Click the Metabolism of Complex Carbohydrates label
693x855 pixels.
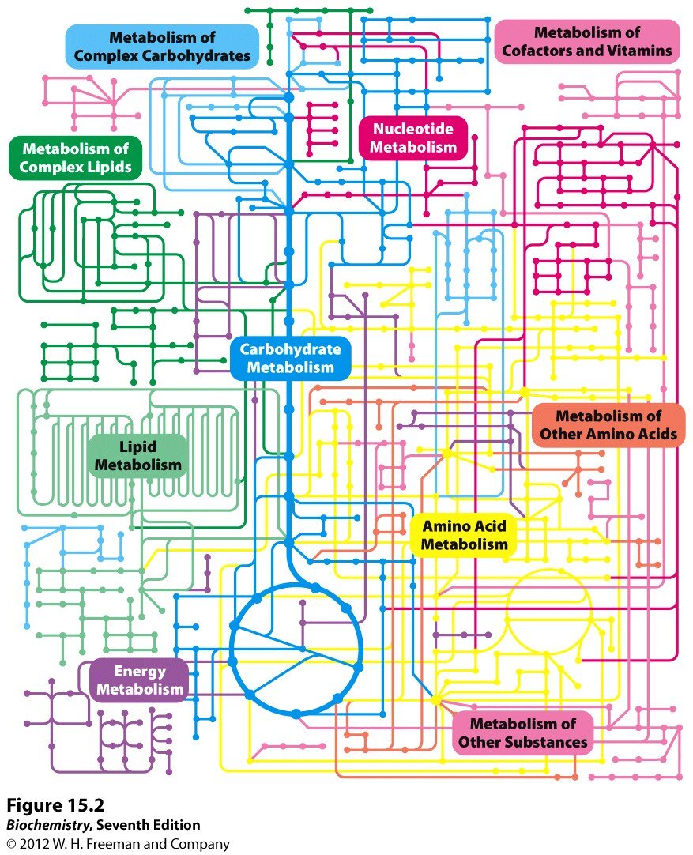point(162,47)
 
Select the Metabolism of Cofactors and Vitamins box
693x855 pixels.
point(587,43)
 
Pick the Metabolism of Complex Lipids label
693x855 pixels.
point(75,158)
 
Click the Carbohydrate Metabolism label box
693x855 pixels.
point(291,358)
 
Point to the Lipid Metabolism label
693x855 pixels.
point(138,456)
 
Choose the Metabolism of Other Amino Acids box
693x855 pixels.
point(608,425)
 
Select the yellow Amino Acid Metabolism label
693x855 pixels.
point(464,535)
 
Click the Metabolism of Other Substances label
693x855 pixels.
point(523,733)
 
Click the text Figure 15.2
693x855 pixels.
point(55,805)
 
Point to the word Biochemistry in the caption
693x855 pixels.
point(47,825)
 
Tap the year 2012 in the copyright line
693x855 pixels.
point(39,844)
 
